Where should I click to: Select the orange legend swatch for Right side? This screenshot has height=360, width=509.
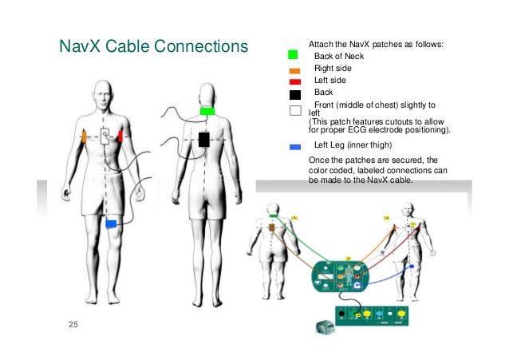pos(294,70)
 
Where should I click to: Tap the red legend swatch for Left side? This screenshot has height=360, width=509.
pos(294,81)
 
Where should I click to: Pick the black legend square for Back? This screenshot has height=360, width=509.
pos(294,94)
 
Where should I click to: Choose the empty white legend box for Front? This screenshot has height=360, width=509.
pos(294,110)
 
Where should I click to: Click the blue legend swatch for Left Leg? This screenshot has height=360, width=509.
pos(294,147)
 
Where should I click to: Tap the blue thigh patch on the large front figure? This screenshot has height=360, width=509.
pos(112,223)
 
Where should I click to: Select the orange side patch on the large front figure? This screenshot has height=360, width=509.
pos(84,136)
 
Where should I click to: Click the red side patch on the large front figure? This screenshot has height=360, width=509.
pos(120,136)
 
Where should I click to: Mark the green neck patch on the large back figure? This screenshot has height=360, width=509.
pos(206,111)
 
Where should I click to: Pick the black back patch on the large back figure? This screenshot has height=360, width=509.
pos(203,140)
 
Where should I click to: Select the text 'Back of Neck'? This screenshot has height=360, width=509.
pos(339,56)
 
